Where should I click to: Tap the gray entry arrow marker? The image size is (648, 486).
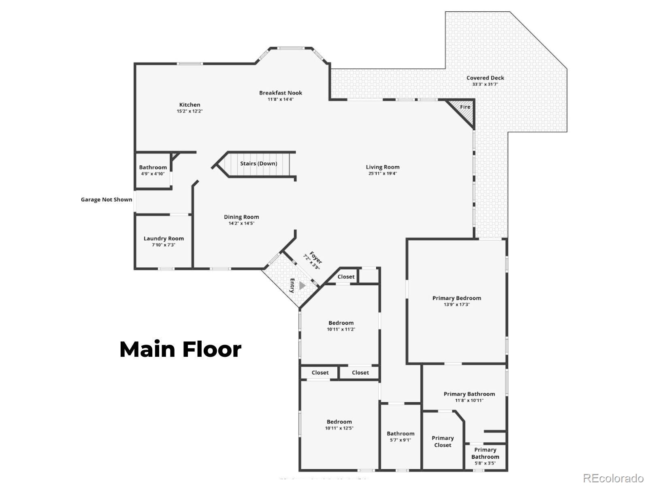click(302, 286)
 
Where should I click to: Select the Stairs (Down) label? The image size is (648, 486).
click(258, 164)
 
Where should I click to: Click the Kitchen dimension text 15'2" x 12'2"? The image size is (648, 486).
click(190, 111)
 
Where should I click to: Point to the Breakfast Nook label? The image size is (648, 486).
click(281, 93)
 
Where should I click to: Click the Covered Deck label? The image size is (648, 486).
click(485, 78)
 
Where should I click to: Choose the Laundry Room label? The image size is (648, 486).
click(164, 239)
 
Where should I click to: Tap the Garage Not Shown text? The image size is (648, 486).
click(107, 199)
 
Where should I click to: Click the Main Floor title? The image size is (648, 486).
click(181, 349)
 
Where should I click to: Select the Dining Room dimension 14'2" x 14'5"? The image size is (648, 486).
click(241, 223)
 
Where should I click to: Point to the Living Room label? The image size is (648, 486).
click(383, 167)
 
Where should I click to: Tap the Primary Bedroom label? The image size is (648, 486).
click(456, 298)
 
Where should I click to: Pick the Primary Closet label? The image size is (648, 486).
click(443, 441)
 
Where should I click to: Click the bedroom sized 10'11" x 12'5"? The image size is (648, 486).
click(339, 424)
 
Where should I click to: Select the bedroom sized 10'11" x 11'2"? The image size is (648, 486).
click(341, 326)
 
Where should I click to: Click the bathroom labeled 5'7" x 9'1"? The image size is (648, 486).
click(401, 436)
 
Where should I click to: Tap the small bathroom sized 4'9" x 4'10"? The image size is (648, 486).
click(153, 170)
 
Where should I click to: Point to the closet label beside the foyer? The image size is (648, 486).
click(346, 277)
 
